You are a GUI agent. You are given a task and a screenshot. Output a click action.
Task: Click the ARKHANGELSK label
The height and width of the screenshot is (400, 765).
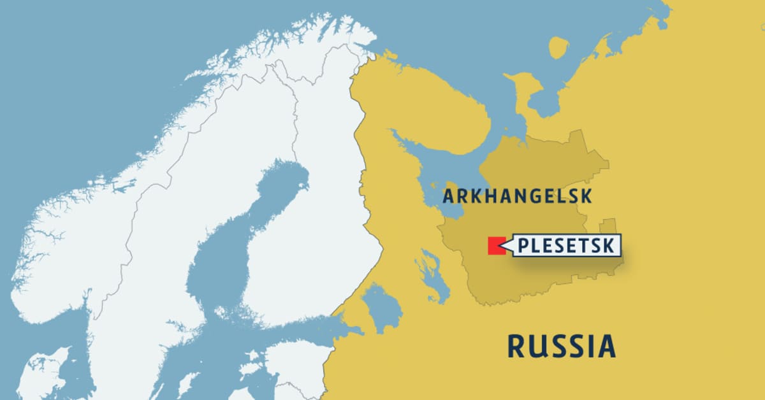517,196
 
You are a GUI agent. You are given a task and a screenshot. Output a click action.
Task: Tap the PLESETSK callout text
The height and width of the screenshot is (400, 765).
566,246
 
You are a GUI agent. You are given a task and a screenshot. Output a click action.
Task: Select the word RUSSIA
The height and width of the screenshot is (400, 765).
561,346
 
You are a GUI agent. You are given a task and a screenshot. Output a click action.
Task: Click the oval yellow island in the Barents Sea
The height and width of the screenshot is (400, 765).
558,48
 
